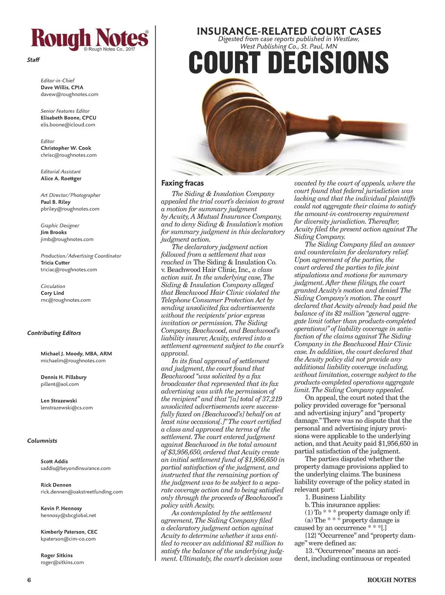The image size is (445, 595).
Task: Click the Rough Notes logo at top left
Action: click(x=90, y=39)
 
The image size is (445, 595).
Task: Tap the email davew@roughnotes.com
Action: click(x=70, y=94)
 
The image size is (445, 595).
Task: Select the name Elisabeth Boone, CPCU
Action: click(x=69, y=118)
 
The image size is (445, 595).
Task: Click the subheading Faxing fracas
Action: click(x=183, y=183)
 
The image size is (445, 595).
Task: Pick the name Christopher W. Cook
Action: click(x=66, y=148)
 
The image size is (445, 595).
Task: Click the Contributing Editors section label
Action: click(x=54, y=333)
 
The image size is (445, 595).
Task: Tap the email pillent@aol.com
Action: click(x=60, y=384)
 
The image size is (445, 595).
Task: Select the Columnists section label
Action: click(x=42, y=441)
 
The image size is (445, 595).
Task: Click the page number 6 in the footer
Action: click(x=29, y=580)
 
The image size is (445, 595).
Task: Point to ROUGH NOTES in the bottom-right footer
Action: click(x=392, y=580)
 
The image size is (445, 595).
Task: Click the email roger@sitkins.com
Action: click(x=62, y=562)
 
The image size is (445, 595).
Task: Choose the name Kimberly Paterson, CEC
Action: click(x=69, y=532)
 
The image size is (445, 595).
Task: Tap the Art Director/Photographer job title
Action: click(x=70, y=195)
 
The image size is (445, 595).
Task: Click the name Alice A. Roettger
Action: click(x=61, y=178)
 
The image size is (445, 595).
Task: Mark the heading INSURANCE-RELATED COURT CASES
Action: click(x=289, y=31)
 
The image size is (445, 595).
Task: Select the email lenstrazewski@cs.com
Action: click(x=67, y=408)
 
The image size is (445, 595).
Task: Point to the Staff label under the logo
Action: click(x=33, y=60)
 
